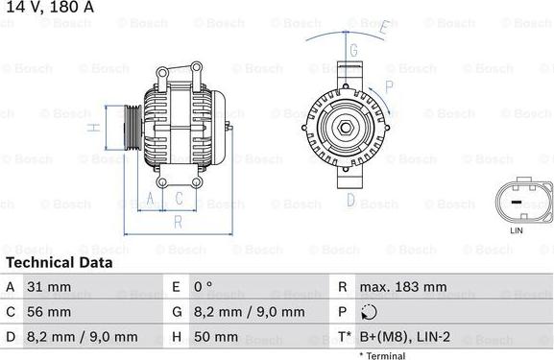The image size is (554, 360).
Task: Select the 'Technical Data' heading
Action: (59, 262)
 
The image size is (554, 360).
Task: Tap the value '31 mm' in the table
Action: (52, 286)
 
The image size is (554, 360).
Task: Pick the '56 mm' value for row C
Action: (52, 312)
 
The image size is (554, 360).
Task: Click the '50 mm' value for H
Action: (218, 337)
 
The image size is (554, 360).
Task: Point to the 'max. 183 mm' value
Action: (403, 286)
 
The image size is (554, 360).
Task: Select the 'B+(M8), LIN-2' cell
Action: (403, 337)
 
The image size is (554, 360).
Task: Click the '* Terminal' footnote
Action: (381, 355)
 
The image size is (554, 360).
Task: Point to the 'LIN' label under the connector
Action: (517, 230)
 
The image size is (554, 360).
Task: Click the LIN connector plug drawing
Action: (517, 200)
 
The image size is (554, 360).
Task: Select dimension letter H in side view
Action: (92, 128)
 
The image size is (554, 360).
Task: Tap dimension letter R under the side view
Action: (177, 222)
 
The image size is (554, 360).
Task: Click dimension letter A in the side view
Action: (150, 199)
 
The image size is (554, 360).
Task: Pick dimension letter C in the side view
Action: (179, 199)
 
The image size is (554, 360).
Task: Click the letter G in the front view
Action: (353, 50)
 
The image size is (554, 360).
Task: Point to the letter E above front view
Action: (382, 27)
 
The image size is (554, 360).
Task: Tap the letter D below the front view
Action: (351, 202)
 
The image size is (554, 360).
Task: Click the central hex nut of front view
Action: (344, 127)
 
